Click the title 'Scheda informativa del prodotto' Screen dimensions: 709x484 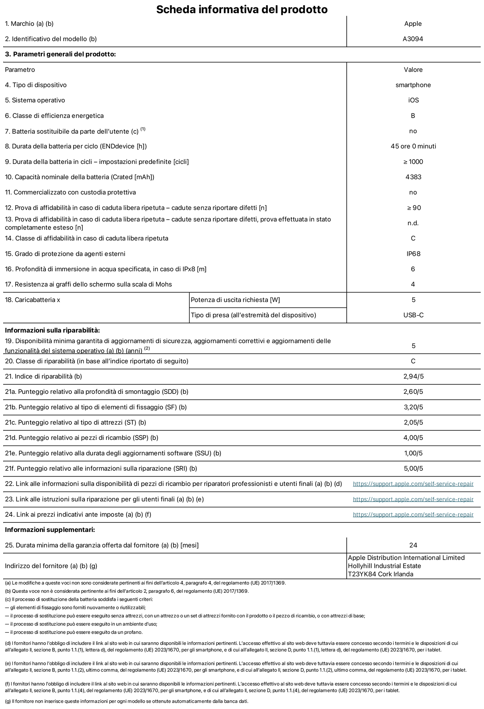click(x=242, y=9)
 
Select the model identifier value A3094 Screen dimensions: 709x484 click(x=413, y=39)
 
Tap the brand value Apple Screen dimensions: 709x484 click(x=413, y=24)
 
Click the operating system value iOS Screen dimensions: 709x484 click(x=413, y=100)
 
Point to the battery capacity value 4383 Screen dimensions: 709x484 click(x=413, y=177)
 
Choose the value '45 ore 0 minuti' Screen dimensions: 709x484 click(x=413, y=146)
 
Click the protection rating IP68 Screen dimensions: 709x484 click(x=413, y=254)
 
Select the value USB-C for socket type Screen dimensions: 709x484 click(x=413, y=315)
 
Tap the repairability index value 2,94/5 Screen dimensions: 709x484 click(x=413, y=377)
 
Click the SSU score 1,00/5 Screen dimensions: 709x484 click(x=413, y=453)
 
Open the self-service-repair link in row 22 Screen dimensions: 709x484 click(x=413, y=484)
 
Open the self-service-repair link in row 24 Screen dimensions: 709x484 click(x=413, y=514)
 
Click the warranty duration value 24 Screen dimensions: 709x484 click(x=413, y=545)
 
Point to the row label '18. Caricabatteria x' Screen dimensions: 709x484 click(x=32, y=300)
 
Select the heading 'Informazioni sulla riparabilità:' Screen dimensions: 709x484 click(x=52, y=330)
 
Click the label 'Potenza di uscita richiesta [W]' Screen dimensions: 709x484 click(x=235, y=300)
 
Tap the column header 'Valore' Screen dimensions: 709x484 click(x=413, y=70)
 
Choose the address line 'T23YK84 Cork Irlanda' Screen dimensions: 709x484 click(x=380, y=574)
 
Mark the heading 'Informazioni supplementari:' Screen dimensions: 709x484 click(x=50, y=530)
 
